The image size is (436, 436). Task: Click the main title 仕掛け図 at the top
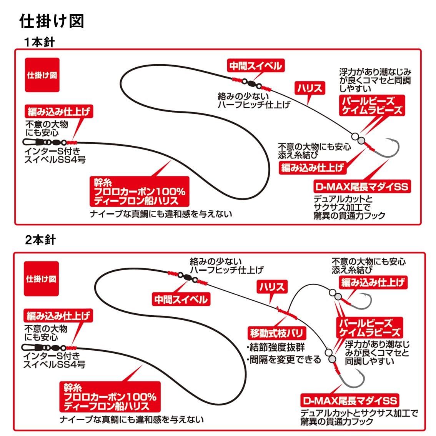52,21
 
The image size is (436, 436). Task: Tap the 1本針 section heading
40,42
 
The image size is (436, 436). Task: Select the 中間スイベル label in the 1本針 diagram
256,66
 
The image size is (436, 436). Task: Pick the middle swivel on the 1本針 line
252,84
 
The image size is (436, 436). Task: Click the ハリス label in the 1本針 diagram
310,88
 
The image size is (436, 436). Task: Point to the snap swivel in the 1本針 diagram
45,142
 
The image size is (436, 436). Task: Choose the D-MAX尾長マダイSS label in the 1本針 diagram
362,186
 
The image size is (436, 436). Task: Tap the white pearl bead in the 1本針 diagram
355,137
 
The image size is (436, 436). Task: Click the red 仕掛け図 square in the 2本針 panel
41,279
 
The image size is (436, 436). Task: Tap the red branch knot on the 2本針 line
287,313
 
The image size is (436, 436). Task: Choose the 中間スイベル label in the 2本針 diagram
181,300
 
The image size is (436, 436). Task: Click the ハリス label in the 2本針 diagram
272,287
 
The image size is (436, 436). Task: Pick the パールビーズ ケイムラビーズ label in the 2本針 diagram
369,328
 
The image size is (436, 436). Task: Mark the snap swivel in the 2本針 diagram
44,347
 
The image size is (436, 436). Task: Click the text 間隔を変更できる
285,359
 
